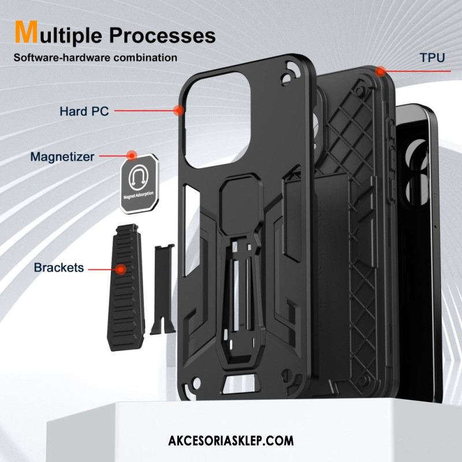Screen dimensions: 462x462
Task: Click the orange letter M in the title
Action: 27,32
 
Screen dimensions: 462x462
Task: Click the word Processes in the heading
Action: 162,35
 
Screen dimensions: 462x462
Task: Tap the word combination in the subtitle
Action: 146,57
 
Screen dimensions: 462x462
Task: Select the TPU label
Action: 432,57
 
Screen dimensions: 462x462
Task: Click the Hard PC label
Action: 84,111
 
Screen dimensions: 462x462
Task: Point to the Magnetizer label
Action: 62,157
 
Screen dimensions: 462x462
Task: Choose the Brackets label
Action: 59,267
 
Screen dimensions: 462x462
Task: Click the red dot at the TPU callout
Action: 381,71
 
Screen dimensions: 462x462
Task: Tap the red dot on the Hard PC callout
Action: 178,110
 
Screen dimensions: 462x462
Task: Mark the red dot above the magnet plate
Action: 132,155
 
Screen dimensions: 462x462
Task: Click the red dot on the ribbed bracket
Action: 121,269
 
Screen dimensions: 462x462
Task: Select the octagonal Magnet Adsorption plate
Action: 139,183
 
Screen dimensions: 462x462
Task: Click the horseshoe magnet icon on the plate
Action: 138,177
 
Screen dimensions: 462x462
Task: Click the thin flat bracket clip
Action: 163,289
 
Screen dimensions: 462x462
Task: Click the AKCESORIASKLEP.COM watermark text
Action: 231,441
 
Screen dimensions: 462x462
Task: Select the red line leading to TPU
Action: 416,71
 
